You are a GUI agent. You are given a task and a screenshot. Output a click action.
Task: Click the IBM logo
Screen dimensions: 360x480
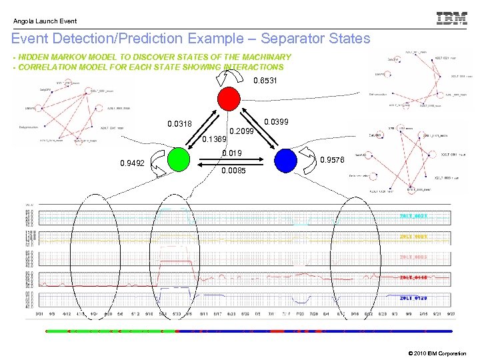(451, 19)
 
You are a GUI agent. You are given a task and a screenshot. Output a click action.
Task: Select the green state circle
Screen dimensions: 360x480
(179, 161)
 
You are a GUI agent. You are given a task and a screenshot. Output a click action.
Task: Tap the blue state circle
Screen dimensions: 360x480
(285, 161)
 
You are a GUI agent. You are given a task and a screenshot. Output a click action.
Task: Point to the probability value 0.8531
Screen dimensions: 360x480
(265, 81)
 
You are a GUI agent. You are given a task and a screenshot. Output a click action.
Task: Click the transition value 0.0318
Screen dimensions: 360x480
(179, 124)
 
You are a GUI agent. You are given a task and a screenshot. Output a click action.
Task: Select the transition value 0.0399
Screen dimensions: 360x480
(277, 123)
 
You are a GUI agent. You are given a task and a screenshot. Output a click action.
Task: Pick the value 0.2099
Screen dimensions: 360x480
(242, 131)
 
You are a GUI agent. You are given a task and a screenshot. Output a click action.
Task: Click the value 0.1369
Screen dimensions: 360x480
(214, 139)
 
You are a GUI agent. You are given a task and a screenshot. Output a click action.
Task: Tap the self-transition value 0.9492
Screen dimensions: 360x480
(131, 162)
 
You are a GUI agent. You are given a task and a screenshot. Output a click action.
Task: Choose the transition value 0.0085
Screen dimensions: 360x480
(233, 171)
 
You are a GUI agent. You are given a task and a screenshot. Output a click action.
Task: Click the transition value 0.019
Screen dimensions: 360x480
(231, 153)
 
